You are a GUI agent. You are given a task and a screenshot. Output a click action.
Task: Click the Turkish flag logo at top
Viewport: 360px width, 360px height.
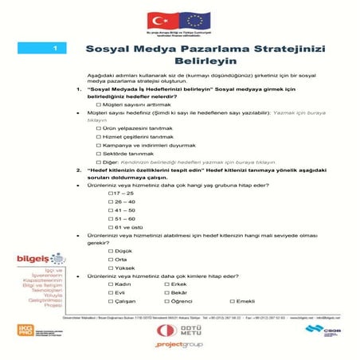[158, 20]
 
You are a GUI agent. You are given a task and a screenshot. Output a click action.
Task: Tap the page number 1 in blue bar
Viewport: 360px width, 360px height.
[53, 49]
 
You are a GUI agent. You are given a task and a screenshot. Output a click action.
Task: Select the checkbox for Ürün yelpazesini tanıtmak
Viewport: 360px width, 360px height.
[98, 128]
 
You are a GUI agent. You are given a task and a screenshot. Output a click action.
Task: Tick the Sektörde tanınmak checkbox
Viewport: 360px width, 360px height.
[98, 153]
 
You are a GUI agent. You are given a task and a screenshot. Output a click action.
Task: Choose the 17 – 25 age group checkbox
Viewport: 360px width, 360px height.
[111, 194]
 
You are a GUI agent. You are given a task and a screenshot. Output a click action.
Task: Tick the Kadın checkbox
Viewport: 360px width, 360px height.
[111, 284]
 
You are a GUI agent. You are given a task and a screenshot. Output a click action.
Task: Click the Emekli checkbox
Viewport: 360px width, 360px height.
[231, 302]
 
